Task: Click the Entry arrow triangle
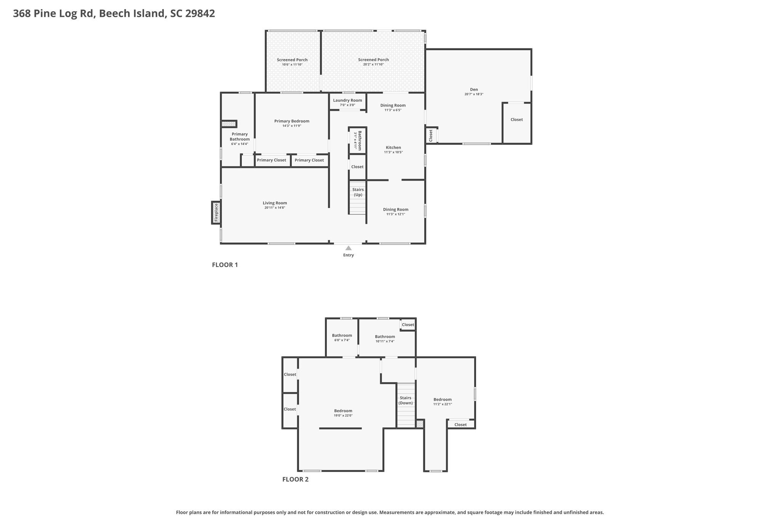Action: [348, 248]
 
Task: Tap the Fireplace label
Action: [216, 213]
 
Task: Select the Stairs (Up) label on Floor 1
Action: [358, 192]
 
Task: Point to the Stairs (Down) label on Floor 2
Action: [406, 400]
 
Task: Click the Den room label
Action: [474, 90]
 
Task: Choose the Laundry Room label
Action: [347, 100]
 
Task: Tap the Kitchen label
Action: [393, 147]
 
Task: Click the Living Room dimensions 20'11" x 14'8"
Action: [275, 208]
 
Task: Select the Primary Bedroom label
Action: [292, 121]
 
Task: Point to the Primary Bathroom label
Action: [240, 136]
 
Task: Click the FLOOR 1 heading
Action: [225, 265]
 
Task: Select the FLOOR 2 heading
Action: [295, 479]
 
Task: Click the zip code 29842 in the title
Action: [200, 14]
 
